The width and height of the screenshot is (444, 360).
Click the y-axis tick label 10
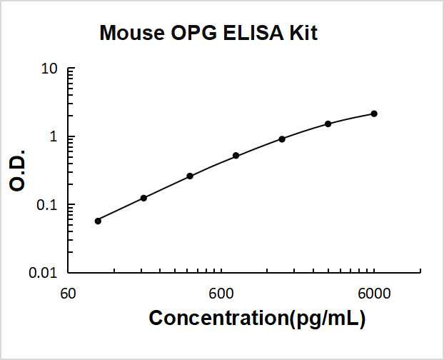[x=50, y=70]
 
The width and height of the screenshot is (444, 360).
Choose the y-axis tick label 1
[x=53, y=137]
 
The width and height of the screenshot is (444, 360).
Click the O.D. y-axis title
[x=19, y=171]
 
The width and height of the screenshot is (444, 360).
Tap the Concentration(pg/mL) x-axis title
[x=257, y=319]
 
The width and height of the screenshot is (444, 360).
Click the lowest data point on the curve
[x=98, y=221]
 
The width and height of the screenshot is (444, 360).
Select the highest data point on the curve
[x=374, y=114]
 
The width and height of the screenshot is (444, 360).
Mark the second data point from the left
[x=143, y=198]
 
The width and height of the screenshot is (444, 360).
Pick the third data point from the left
[x=190, y=176]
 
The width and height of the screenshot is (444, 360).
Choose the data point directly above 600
[x=236, y=156]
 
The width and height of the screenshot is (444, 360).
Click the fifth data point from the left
[x=282, y=139]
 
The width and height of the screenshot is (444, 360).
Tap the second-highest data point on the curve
[x=328, y=124]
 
